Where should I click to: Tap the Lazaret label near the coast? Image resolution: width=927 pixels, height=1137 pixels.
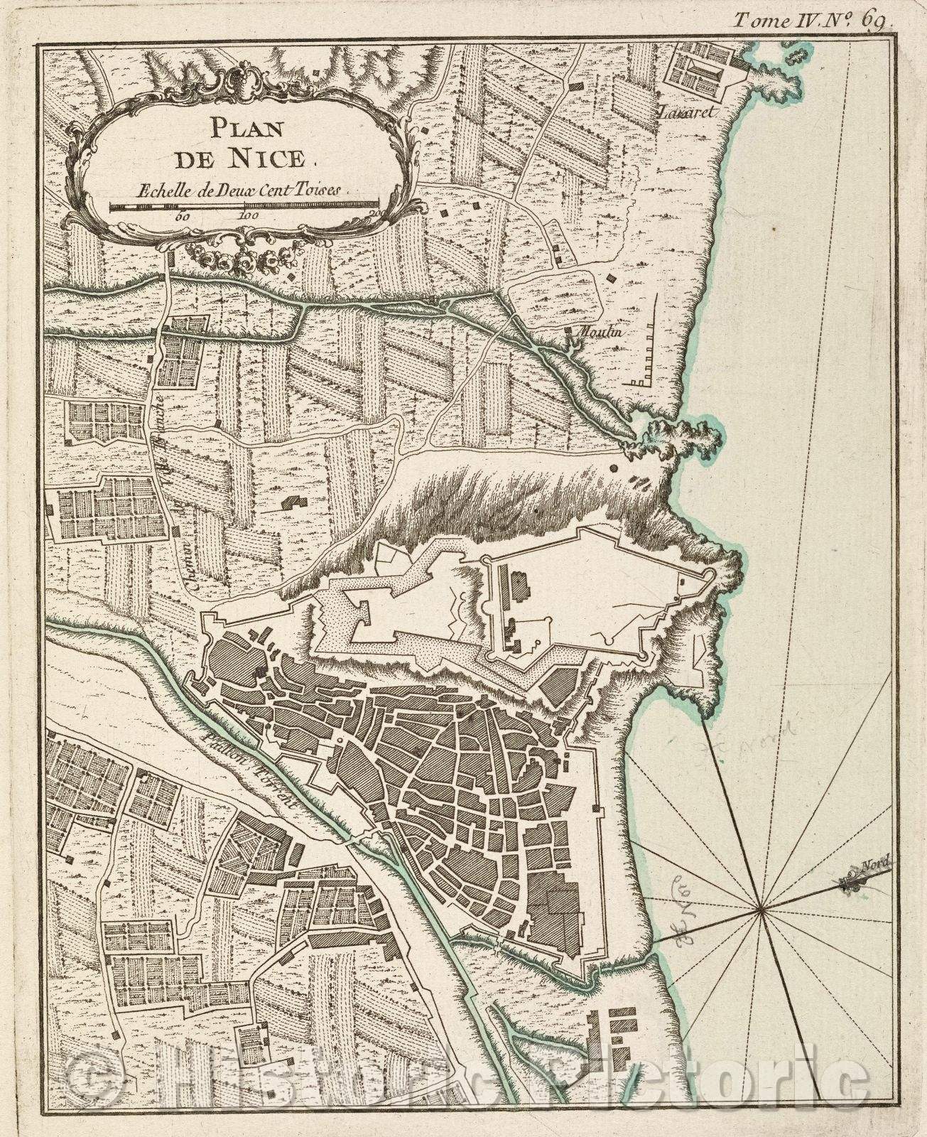tap(678, 112)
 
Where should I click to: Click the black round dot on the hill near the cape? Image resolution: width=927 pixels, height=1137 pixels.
tap(612, 468)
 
